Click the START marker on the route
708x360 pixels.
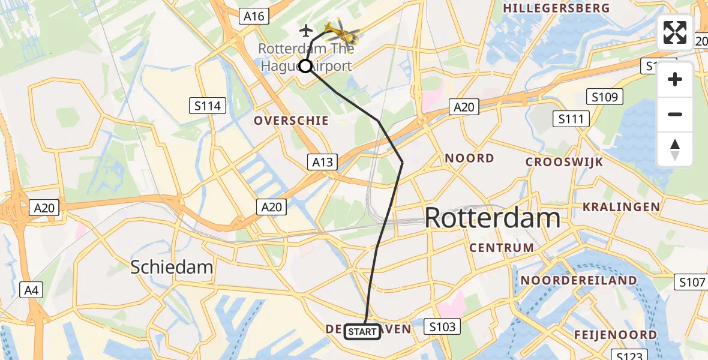[x=362, y=331]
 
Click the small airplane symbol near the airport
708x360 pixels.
[x=306, y=30]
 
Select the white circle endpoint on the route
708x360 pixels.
[x=305, y=66]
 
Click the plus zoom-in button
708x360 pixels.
[x=675, y=79]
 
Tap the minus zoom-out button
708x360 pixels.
[x=675, y=114]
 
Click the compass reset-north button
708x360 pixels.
[x=675, y=149]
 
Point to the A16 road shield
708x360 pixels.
[x=254, y=16]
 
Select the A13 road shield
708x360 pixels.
[x=323, y=161]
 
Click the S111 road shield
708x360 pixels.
[x=571, y=119]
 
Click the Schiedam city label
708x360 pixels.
[x=172, y=267]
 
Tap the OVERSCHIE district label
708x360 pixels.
[x=291, y=121]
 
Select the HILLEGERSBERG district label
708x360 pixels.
[x=556, y=8]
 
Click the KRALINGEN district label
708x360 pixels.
[x=621, y=207]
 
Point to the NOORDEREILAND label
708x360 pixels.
[x=578, y=280]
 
